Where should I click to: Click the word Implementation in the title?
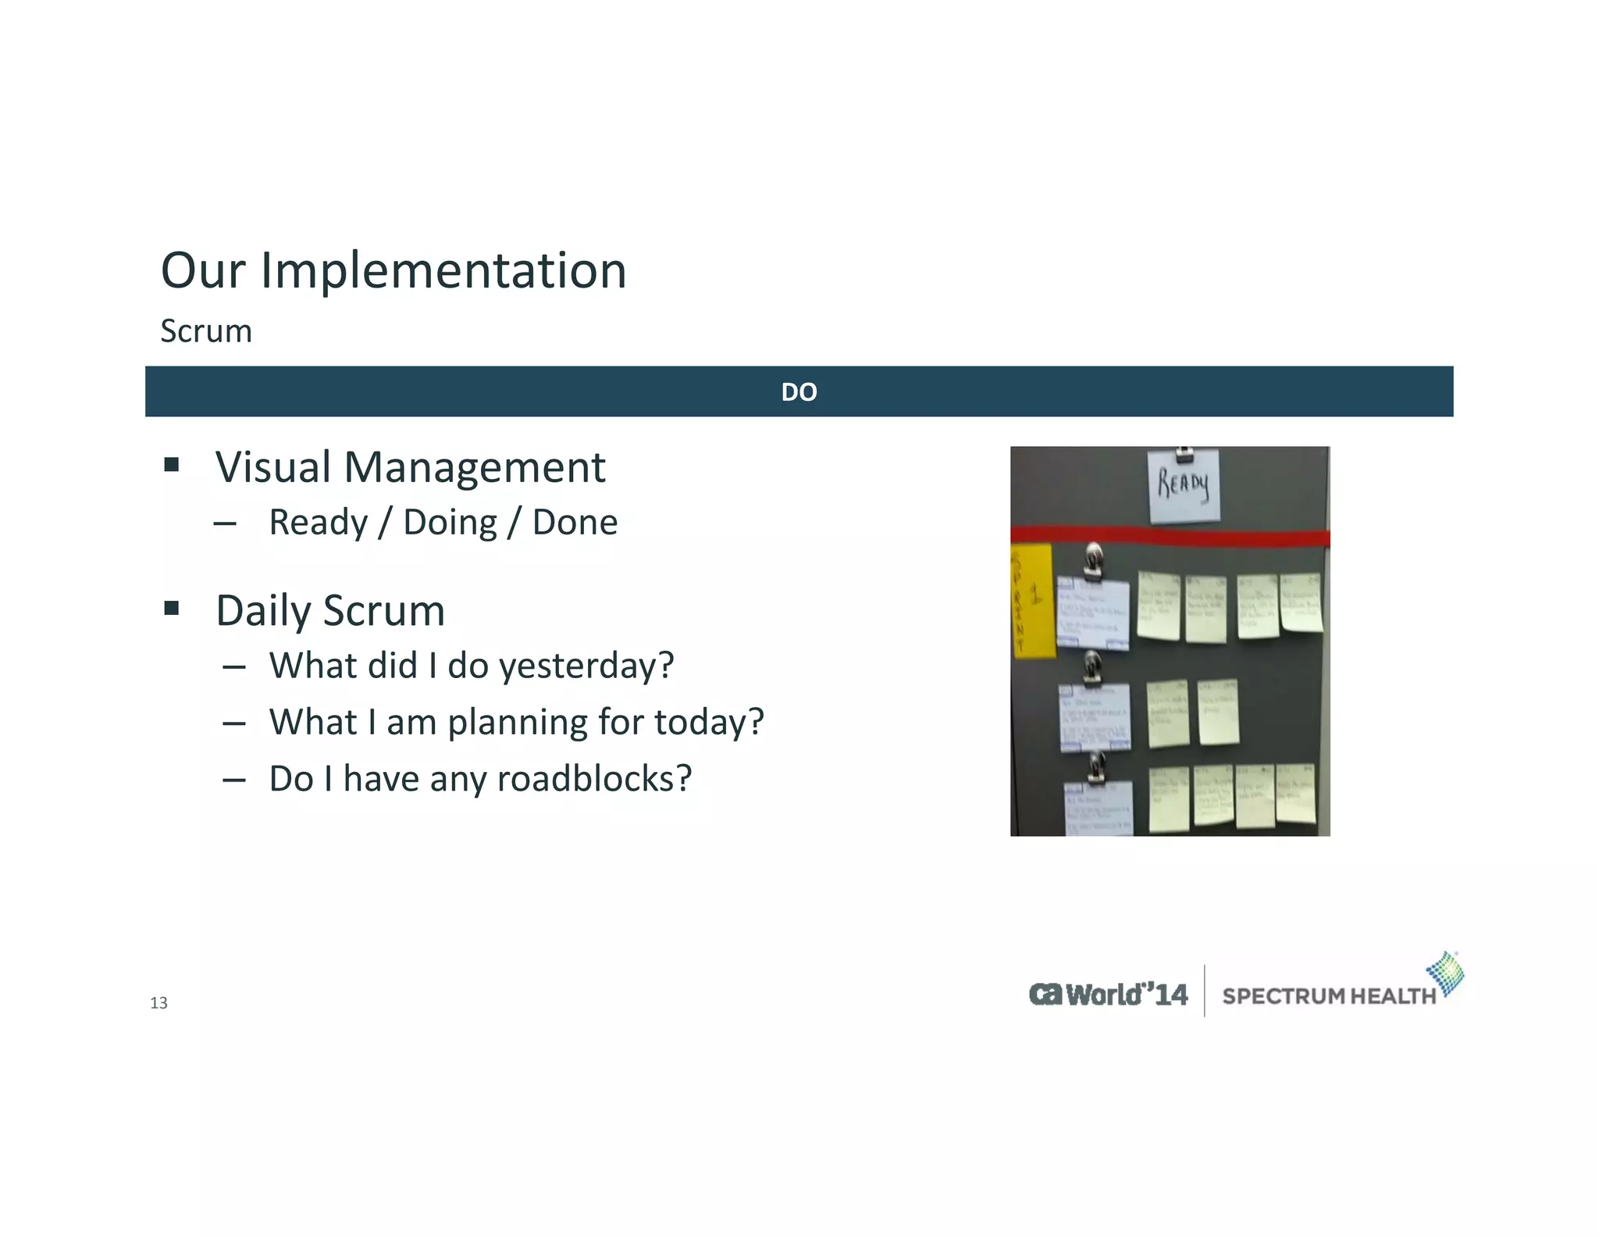tap(443, 270)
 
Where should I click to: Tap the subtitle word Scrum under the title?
tap(206, 331)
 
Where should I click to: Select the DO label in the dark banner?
tap(799, 391)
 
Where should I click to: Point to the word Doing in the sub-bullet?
tap(450, 522)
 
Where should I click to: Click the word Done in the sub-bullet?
tap(575, 522)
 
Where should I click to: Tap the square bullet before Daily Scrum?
tap(172, 608)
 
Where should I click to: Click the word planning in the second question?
tap(517, 722)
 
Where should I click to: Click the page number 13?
tap(158, 1003)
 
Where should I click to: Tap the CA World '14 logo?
tap(1108, 994)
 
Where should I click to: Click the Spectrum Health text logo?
tap(1328, 996)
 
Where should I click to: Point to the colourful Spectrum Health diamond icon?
tap(1446, 973)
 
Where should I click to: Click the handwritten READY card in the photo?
tap(1183, 485)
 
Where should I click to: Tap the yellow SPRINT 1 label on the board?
tap(1031, 602)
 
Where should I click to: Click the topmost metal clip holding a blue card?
tap(1094, 559)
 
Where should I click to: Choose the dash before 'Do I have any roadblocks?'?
tap(233, 780)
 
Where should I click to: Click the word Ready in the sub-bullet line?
tap(318, 522)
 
